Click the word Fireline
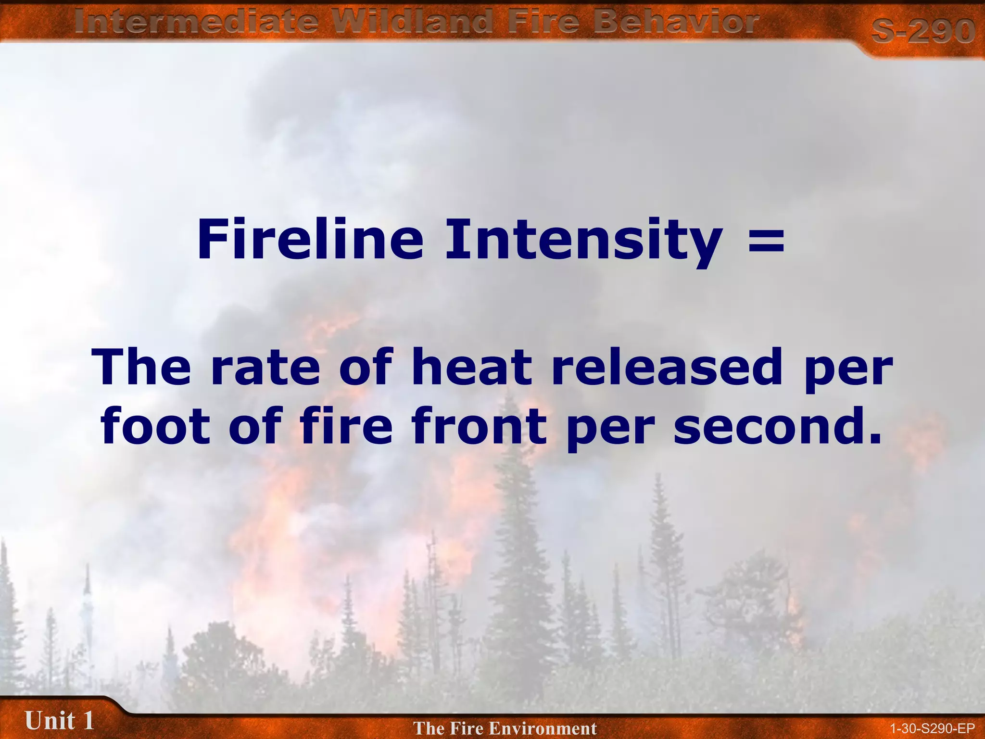310,240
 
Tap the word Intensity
583,240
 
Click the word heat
472,368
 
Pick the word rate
265,368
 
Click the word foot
155,426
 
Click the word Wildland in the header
414,22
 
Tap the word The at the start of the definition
142,368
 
